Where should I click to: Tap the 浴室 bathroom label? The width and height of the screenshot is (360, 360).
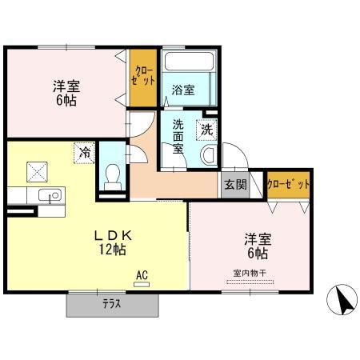[x=183, y=90]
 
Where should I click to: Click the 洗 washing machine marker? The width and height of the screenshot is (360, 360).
[x=206, y=128]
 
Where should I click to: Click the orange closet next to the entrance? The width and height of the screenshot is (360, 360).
[x=288, y=184]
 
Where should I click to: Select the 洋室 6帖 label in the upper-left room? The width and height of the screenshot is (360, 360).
[x=66, y=94]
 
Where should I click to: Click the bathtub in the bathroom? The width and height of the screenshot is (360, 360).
[x=190, y=62]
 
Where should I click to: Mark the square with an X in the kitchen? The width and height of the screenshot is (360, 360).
[x=35, y=170]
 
